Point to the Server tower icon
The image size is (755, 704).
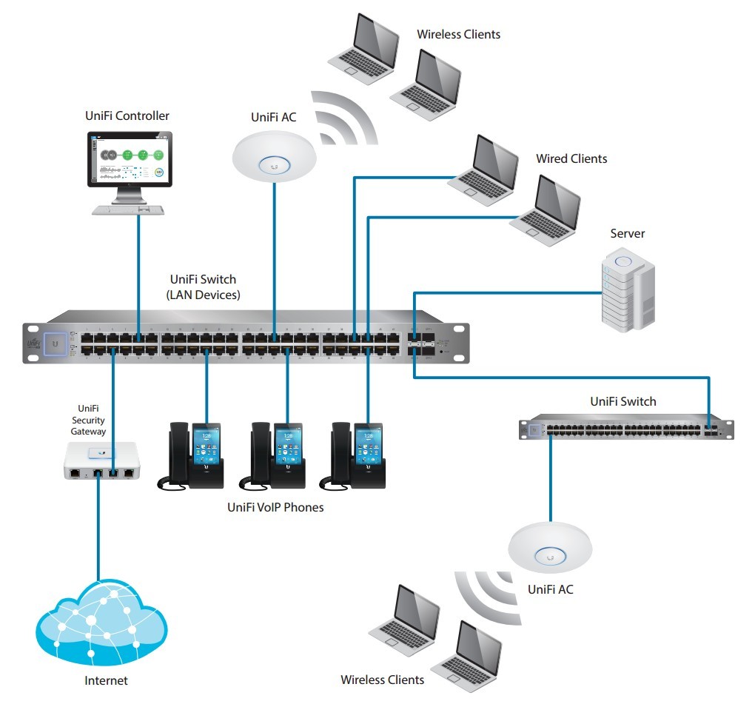625,288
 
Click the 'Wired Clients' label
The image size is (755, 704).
571,159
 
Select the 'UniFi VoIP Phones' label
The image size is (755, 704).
275,508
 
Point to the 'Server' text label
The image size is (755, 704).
627,234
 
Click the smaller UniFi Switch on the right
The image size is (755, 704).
625,428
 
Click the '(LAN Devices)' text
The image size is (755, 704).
203,295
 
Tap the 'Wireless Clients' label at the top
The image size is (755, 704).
458,35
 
